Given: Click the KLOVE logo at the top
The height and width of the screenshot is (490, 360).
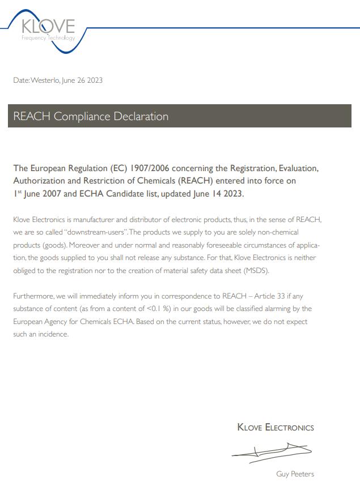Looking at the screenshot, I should click(48, 29).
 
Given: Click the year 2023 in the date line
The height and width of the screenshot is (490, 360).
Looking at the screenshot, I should click(95, 80).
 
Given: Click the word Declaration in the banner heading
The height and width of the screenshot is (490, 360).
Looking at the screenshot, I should click(141, 117).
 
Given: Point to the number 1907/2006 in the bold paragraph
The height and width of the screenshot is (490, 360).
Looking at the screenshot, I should click(150, 168).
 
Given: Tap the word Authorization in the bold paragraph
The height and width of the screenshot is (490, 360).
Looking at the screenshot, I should click(40, 181).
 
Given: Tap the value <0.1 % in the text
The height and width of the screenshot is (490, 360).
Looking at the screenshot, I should click(158, 309).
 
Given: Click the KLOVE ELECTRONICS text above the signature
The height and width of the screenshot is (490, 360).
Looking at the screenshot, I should click(275, 427).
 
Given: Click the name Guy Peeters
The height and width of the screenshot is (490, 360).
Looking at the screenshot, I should click(295, 474).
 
